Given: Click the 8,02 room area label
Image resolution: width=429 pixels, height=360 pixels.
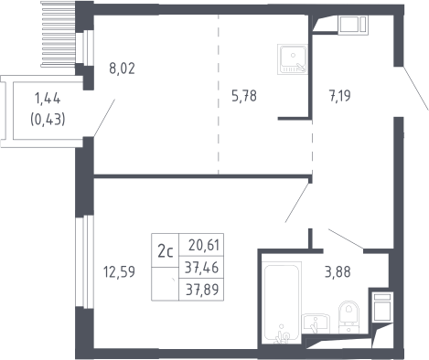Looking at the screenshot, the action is (122, 69).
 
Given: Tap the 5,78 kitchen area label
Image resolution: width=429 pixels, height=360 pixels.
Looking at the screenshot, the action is (244, 96).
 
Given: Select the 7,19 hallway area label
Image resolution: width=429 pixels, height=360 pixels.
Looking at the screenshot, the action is (339, 96).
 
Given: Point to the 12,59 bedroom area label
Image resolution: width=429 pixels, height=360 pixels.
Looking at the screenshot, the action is (119, 271).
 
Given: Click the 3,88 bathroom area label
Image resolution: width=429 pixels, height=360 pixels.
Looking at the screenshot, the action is (338, 271).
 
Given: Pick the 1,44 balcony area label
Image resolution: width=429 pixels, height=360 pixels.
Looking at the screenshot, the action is (48, 99).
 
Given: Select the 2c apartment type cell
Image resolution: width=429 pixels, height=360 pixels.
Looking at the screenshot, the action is (166, 251).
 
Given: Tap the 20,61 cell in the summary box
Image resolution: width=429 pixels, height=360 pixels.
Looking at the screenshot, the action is (204, 245).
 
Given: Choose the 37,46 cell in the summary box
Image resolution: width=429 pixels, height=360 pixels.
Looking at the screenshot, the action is (202, 268).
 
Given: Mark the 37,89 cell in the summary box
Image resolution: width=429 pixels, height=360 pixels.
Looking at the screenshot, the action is (202, 290).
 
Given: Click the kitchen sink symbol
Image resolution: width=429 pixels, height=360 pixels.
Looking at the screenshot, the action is (293, 59).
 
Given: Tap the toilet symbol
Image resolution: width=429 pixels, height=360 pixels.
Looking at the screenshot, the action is (349, 317).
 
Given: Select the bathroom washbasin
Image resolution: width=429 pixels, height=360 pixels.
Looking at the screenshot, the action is (316, 323).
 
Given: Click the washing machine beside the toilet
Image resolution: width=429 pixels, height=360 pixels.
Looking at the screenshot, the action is (382, 307).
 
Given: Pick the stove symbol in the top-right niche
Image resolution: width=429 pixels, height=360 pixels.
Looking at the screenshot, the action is (353, 24).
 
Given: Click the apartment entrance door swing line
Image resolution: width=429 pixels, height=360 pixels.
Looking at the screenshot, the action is (416, 89).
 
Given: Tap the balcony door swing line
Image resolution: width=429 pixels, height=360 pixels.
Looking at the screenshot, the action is (104, 118).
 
